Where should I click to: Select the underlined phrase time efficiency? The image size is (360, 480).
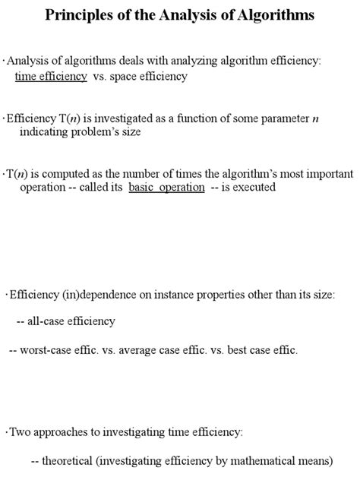[x=51, y=77]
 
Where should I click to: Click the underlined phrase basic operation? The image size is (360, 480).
[x=166, y=187]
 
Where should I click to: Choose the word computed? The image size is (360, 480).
[x=80, y=173]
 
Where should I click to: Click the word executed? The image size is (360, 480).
[x=250, y=187]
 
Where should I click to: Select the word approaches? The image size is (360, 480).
[x=62, y=432]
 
